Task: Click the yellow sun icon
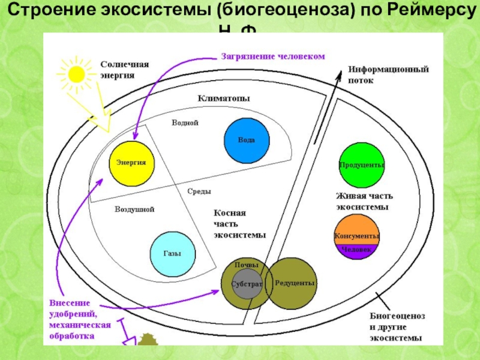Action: pos(77,73)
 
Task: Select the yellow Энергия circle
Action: pos(131,163)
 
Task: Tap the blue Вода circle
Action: pos(247,140)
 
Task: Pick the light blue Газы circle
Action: pos(172,253)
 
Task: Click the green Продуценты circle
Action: pos(361,165)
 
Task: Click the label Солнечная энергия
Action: pos(124,70)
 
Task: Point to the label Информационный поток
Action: pos(388,74)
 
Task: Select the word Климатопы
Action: pos(224,98)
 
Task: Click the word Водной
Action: pos(185,122)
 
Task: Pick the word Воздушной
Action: pos(135,209)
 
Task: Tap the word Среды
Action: pos(199,191)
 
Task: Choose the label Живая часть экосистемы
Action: pos(364,201)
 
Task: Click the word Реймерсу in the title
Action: pos(417,12)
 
